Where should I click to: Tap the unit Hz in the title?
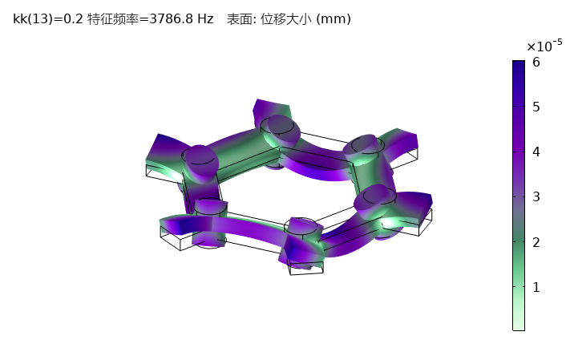point(205,18)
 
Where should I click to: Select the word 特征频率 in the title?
point(114,18)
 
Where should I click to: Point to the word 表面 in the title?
point(237,18)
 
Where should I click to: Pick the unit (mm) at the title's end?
point(333,18)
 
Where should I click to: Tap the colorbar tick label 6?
point(536,62)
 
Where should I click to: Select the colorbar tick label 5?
point(536,107)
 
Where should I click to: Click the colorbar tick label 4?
point(536,152)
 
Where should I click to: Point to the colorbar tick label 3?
point(536,196)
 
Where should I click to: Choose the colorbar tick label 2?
point(536,242)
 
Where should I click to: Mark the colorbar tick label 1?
point(536,287)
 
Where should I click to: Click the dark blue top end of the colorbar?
point(519,64)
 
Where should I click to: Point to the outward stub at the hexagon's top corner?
point(269,109)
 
